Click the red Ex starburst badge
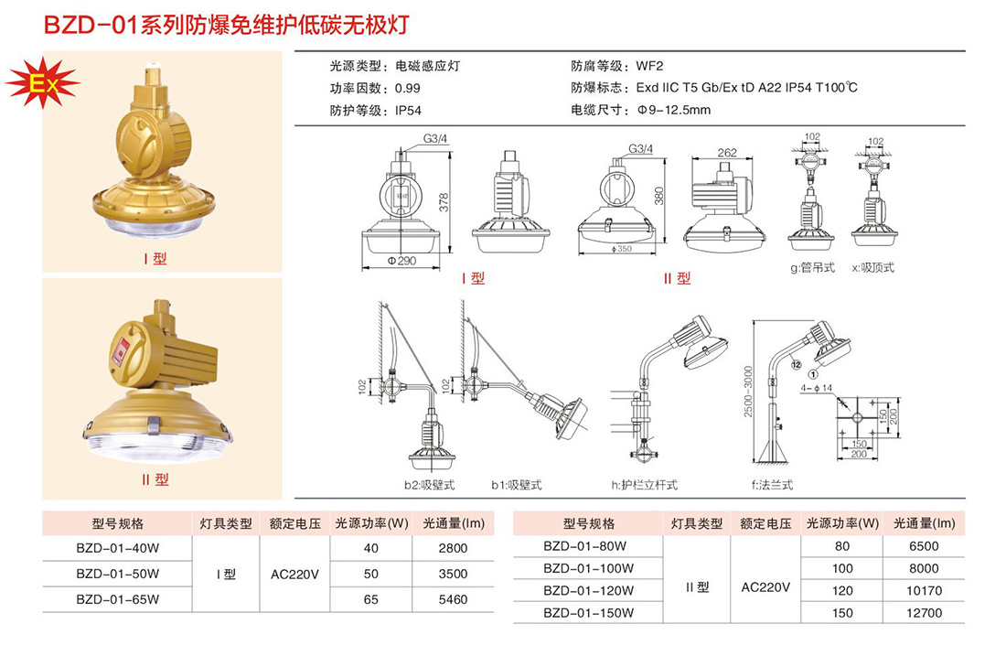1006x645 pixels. point(42,83)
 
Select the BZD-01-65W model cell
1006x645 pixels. point(117,599)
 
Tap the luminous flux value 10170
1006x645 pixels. point(924,590)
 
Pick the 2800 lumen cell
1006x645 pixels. point(453,548)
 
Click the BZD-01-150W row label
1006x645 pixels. point(588,613)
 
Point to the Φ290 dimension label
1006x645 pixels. point(401,261)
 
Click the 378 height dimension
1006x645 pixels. point(444,203)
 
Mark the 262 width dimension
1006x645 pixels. point(727,153)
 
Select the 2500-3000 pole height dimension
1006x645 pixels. point(748,392)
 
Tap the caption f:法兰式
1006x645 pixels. point(773,485)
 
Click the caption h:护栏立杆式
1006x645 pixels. point(644,485)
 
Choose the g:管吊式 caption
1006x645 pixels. point(812,268)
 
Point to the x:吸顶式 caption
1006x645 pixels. point(872,268)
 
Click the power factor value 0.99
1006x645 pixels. point(407,88)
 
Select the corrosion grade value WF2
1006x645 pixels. point(649,66)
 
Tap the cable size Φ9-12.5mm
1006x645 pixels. point(674,110)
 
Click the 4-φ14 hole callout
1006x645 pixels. point(816,388)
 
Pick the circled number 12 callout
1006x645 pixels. point(797,364)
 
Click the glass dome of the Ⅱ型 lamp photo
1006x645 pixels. point(155,443)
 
